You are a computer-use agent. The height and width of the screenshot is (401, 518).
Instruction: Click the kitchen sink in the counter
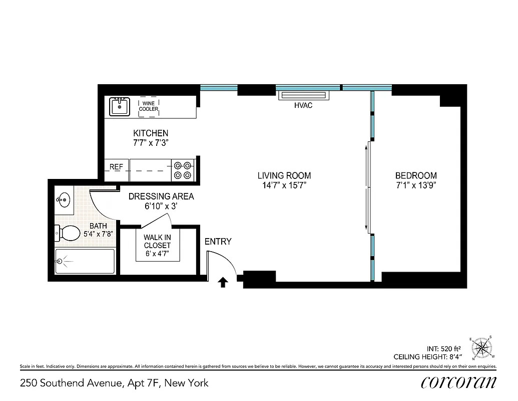(x=119, y=106)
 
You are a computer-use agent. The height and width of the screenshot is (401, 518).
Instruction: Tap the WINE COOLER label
(x=148, y=106)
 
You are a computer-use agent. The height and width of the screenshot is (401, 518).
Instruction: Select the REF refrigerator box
(x=116, y=167)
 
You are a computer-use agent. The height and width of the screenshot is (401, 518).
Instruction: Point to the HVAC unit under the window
(x=303, y=96)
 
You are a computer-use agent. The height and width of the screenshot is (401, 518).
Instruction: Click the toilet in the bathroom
(x=68, y=233)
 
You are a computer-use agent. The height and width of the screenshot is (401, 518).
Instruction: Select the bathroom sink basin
(x=63, y=200)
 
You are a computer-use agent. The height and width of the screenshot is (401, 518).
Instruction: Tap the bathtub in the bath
(x=85, y=261)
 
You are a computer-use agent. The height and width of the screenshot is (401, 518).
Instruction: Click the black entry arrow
(x=223, y=283)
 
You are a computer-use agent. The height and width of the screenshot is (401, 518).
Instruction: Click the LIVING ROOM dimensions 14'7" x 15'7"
(x=284, y=185)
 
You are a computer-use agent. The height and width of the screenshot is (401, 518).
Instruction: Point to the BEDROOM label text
(x=415, y=176)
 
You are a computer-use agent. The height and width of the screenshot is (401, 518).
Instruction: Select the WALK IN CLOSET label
(x=157, y=246)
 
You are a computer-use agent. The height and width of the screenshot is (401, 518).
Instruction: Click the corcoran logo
(x=459, y=382)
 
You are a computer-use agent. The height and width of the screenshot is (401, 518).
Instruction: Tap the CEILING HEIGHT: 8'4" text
(x=427, y=357)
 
